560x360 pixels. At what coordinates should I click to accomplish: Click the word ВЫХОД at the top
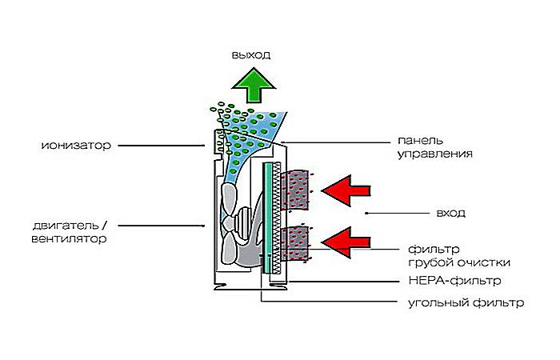252,55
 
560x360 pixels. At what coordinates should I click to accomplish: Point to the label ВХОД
451,214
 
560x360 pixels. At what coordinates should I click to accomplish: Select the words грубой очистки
459,262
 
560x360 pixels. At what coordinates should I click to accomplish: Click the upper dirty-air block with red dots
298,190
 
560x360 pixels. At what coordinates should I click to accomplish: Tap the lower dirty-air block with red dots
298,245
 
